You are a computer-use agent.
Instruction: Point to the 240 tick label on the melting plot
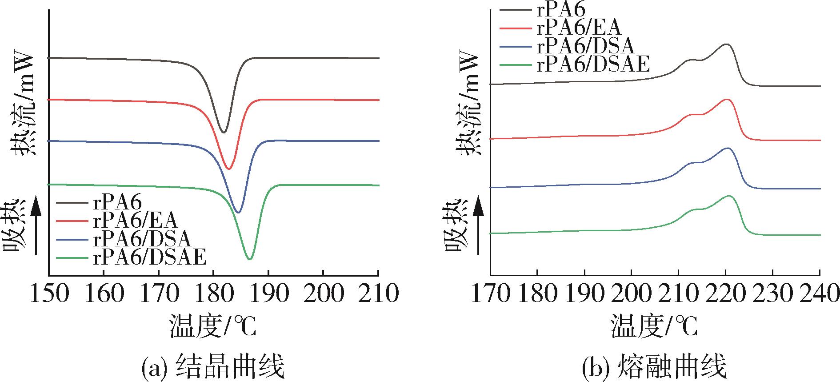click(820, 294)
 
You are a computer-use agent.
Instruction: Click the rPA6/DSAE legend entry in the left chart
click(150, 257)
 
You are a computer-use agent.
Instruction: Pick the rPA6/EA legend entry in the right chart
click(578, 28)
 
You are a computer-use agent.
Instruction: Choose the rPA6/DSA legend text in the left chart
click(142, 239)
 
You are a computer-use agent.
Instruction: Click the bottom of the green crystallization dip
click(250, 259)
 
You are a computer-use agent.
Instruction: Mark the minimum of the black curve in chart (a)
click(224, 132)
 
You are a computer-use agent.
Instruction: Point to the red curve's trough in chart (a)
click(229, 169)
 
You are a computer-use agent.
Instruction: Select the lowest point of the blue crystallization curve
click(238, 213)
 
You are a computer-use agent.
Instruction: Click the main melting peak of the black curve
click(727, 44)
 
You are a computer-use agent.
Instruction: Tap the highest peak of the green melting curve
click(729, 196)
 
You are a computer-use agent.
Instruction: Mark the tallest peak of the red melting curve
click(727, 99)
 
